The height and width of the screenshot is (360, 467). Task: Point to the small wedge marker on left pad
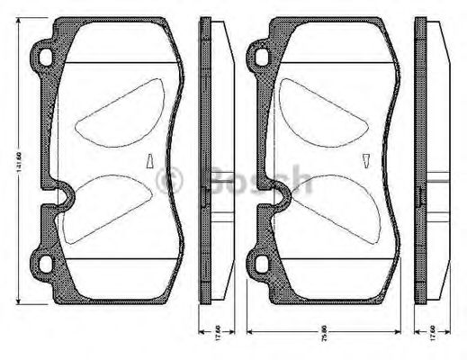150,162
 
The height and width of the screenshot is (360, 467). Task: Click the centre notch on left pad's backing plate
63,192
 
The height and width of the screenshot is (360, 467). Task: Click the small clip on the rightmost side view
421,195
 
